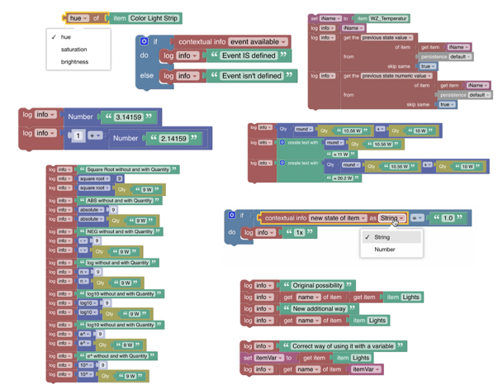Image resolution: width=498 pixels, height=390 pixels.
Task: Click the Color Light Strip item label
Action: coord(155,18)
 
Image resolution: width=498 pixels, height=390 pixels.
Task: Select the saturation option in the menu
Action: coord(74,50)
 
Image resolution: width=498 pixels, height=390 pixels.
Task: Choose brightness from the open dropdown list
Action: coord(74,62)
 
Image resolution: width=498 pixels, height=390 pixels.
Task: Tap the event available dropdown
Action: coord(258,41)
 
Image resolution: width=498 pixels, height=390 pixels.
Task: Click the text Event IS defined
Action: coord(249,56)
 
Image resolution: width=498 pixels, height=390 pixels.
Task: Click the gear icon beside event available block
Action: coord(144,41)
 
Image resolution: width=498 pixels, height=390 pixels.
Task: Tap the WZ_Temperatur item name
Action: coord(385,18)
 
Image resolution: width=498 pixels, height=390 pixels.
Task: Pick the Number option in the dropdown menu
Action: coord(385,249)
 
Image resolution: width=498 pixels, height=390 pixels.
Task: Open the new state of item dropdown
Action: coord(339,218)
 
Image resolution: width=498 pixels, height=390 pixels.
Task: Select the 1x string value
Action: coord(299,233)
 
